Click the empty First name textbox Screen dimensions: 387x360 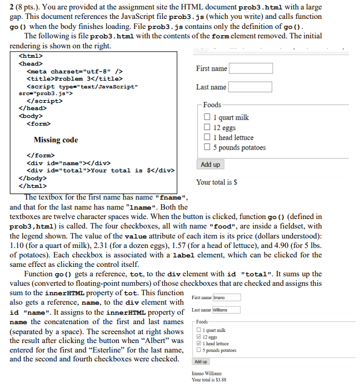(251, 68)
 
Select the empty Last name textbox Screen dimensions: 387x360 (250, 87)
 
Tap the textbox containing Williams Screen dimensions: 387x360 (227, 310)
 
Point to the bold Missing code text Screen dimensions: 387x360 (56, 140)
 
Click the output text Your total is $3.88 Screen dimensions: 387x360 (208, 380)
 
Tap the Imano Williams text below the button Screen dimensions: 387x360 (207, 373)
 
